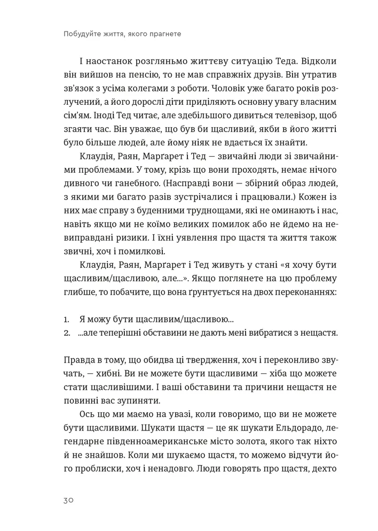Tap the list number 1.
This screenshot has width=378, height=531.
[66, 320]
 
